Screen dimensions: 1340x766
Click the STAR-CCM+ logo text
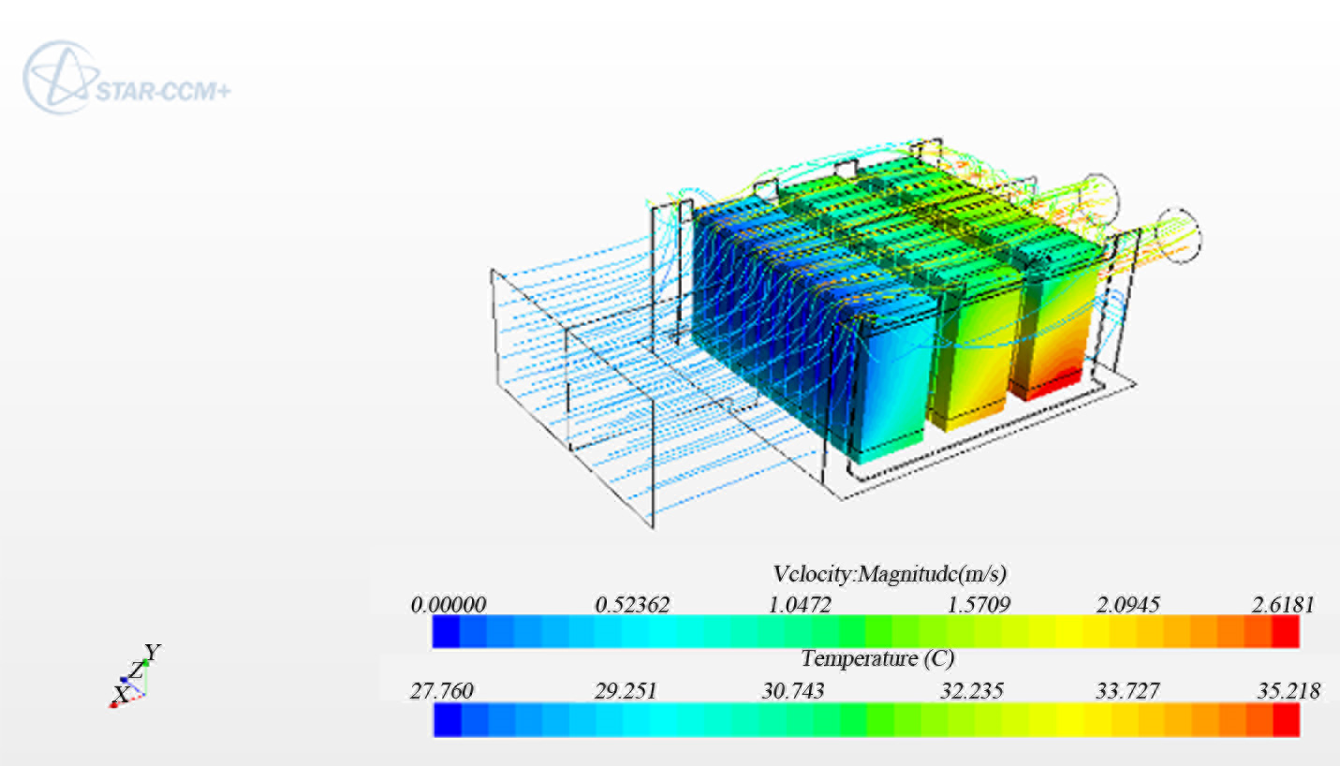[x=163, y=92]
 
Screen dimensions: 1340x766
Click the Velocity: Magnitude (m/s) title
[x=890, y=574]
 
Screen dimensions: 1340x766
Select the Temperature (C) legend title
[x=877, y=658]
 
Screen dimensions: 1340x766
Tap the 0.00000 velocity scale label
[x=448, y=604]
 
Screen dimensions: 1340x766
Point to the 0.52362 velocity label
[x=632, y=604]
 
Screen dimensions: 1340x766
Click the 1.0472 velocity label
[x=800, y=604]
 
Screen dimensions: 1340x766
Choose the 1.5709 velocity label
[x=979, y=604]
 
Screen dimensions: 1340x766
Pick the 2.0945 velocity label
[x=1127, y=604]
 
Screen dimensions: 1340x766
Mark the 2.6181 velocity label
[x=1283, y=604]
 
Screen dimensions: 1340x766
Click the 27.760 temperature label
[x=441, y=691]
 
